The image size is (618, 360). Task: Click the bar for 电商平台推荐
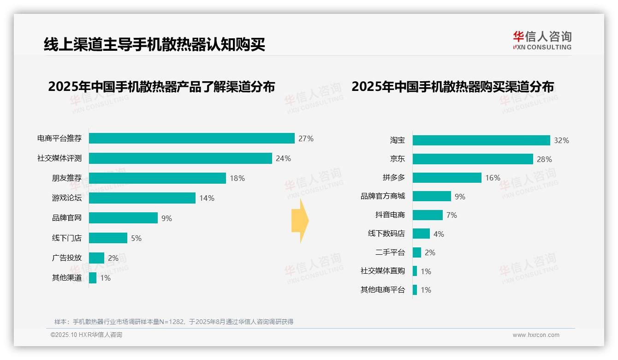(191, 138)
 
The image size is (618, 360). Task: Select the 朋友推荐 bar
(157, 178)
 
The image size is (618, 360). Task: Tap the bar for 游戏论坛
(142, 198)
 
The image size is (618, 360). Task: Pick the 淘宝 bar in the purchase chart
(481, 140)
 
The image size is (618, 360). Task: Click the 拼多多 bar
(447, 178)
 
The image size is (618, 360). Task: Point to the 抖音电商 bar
(428, 215)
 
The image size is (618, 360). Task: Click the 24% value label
(283, 158)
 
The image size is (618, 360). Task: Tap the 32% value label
(561, 140)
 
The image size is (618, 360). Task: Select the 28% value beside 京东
(544, 159)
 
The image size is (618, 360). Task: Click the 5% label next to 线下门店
(136, 238)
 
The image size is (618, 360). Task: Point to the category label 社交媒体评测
(59, 158)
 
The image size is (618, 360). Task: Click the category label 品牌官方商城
(383, 196)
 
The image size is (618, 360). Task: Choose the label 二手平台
(390, 252)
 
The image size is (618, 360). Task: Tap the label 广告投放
(67, 258)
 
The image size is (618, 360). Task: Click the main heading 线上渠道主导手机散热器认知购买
(154, 44)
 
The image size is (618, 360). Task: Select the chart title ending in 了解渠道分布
(161, 86)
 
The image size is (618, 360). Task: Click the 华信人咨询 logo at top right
(542, 40)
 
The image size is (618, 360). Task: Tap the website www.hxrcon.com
(536, 335)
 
